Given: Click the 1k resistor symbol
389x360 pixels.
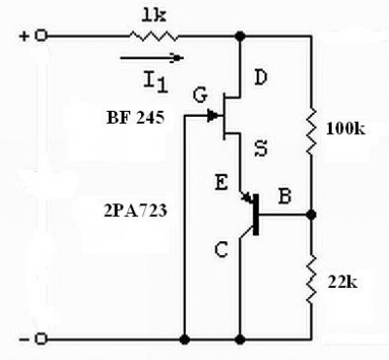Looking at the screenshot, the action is pyautogui.click(x=154, y=36).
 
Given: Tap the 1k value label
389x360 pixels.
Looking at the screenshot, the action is pyautogui.click(x=154, y=16).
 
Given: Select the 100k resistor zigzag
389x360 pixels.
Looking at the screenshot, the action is pyautogui.click(x=311, y=131).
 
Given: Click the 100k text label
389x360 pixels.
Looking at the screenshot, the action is pyautogui.click(x=345, y=129).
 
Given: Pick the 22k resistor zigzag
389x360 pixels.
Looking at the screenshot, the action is pyautogui.click(x=311, y=279).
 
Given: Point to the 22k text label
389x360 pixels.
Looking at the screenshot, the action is pyautogui.click(x=342, y=282).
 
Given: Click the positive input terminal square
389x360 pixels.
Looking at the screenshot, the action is pyautogui.click(x=41, y=35).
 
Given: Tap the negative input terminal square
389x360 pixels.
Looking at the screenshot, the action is pyautogui.click(x=41, y=340).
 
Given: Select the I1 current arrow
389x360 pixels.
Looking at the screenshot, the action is pyautogui.click(x=152, y=58).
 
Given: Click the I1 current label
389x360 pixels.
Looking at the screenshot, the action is pyautogui.click(x=156, y=82).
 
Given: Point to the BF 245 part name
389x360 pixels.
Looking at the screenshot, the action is pyautogui.click(x=135, y=118).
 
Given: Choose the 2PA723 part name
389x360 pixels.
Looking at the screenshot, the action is pyautogui.click(x=135, y=211).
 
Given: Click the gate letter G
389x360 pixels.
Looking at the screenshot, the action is pyautogui.click(x=200, y=95).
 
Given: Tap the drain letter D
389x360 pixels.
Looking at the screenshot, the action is pyautogui.click(x=261, y=78).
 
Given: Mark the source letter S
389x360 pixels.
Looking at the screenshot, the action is pyautogui.click(x=261, y=149).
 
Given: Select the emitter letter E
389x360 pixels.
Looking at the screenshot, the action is pyautogui.click(x=222, y=183).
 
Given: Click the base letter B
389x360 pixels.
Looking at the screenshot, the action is pyautogui.click(x=285, y=197).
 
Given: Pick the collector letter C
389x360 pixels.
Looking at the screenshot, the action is pyautogui.click(x=222, y=250).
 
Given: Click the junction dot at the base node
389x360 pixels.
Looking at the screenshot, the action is pyautogui.click(x=311, y=214).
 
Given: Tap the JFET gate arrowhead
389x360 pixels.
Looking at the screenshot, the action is pyautogui.click(x=213, y=115).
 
